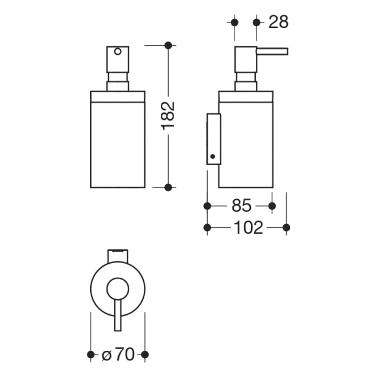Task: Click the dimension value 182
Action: click(x=168, y=116)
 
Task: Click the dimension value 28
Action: click(x=278, y=22)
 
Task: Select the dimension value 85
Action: click(x=241, y=206)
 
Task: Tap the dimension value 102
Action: click(x=248, y=227)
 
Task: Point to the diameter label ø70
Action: click(x=118, y=354)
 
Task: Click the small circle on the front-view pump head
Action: click(x=118, y=52)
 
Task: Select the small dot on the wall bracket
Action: click(x=213, y=157)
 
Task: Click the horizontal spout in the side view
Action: click(x=272, y=52)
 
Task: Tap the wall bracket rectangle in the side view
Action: click(x=214, y=139)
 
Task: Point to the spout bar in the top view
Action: click(x=118, y=315)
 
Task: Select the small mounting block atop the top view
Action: click(x=118, y=256)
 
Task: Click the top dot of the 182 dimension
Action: click(x=168, y=45)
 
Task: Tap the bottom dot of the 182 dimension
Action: click(x=168, y=187)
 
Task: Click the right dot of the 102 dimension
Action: click(x=286, y=227)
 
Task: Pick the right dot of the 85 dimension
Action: click(x=272, y=206)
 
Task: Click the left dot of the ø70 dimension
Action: click(x=91, y=354)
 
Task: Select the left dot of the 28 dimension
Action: click(x=234, y=23)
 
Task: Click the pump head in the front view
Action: click(x=118, y=60)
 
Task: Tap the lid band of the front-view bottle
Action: click(x=118, y=96)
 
